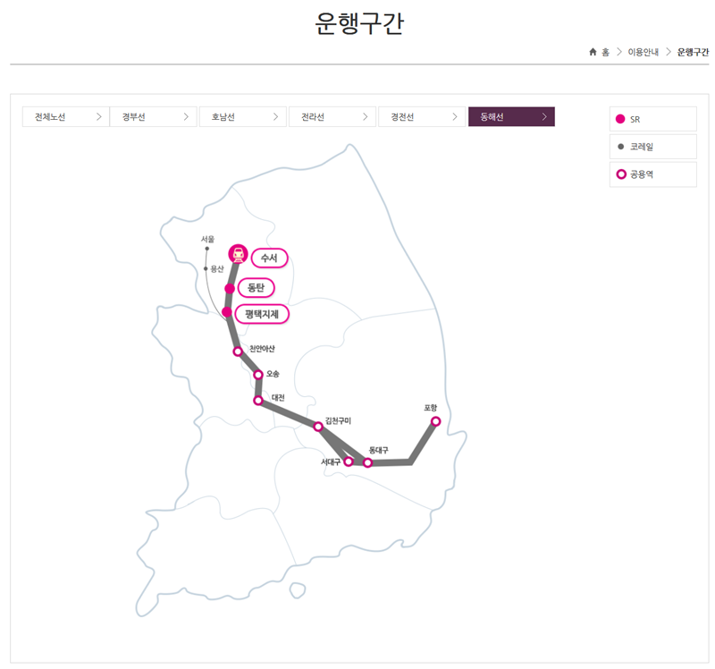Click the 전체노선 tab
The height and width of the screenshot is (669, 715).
(65, 117)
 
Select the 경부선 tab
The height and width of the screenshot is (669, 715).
(154, 117)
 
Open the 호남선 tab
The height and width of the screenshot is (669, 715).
(243, 117)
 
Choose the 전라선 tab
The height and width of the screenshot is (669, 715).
(332, 117)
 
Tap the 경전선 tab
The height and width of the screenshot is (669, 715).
(421, 117)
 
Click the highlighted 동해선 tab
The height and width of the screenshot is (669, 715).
(511, 117)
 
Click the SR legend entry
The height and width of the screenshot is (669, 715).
(652, 119)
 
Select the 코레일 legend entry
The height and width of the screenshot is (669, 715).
(652, 147)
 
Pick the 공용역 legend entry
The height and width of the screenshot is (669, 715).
(652, 174)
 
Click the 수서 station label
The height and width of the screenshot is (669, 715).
(269, 258)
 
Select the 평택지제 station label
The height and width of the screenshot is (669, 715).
(267, 315)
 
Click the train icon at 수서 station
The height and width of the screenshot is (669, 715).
(238, 253)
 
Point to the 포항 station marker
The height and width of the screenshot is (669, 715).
(435, 421)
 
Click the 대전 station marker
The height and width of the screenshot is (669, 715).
(258, 401)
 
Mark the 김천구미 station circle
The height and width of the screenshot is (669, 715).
(318, 427)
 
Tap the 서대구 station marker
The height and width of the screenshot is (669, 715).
(349, 462)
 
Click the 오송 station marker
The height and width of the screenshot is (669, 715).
(258, 375)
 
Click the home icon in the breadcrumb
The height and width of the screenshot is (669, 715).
(593, 52)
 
